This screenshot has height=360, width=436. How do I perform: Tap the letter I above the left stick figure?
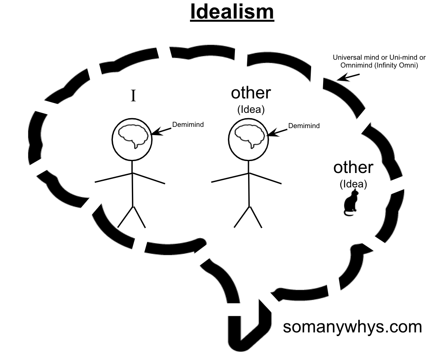[x=133, y=96]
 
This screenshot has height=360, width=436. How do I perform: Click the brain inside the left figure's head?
[x=132, y=136]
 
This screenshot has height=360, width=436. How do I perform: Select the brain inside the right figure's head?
[x=248, y=136]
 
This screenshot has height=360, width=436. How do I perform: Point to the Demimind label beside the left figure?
[x=188, y=125]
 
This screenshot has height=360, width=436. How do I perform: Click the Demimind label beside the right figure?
[x=304, y=126]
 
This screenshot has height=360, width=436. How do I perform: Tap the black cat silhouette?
[x=351, y=203]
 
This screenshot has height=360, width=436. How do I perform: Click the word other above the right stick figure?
[x=251, y=93]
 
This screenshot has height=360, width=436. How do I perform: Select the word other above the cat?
[x=353, y=168]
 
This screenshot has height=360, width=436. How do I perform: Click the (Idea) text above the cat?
[x=354, y=184]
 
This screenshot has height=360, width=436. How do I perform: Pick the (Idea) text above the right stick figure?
[x=251, y=110]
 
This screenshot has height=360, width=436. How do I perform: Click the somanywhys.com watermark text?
[x=352, y=327]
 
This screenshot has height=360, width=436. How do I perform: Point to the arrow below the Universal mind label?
[x=348, y=77]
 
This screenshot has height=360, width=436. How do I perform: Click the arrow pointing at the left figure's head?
[x=162, y=131]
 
